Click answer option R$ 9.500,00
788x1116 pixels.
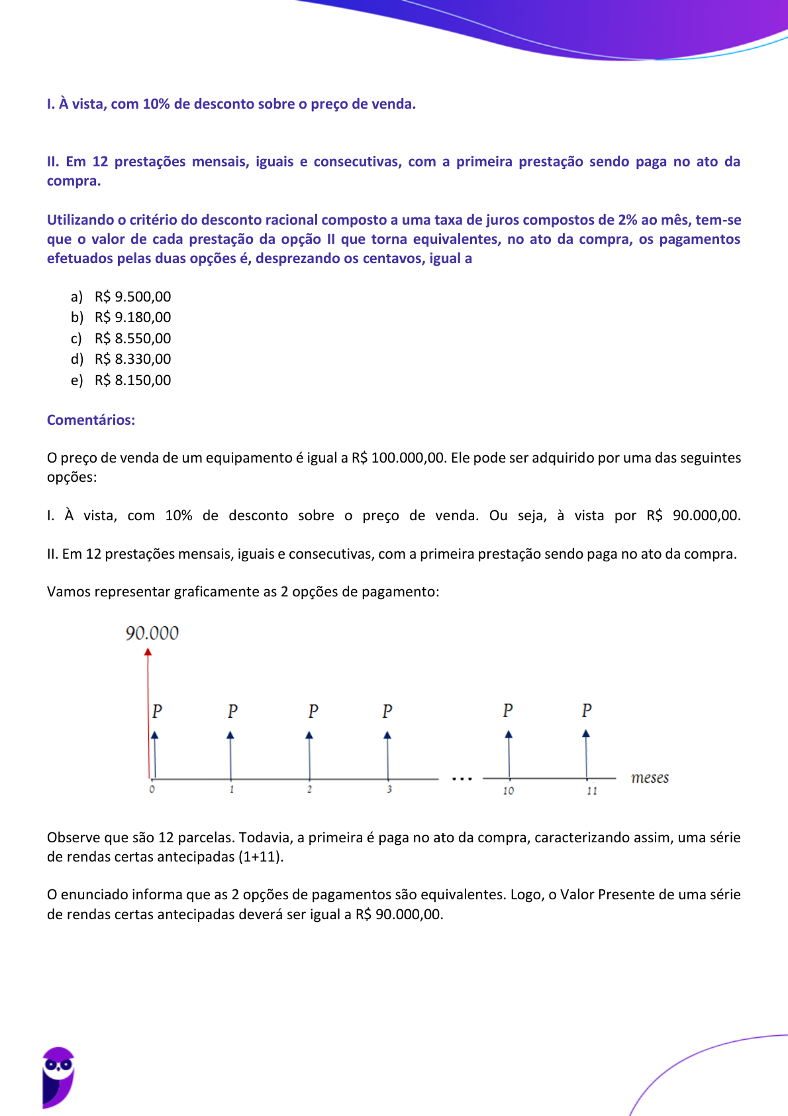[132, 297]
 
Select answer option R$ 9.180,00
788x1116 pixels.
[132, 317]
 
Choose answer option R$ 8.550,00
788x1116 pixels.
[132, 339]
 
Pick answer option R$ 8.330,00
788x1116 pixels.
[132, 359]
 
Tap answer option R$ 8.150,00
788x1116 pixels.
[132, 380]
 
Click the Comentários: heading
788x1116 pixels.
[91, 420]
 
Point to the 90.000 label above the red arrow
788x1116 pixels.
[152, 634]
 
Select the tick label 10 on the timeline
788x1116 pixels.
[508, 791]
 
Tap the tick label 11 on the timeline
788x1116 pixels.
[591, 791]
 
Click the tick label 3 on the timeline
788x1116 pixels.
[389, 789]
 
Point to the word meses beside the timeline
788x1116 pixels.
[650, 778]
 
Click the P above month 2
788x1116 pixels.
[313, 712]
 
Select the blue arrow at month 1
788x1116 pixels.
[230, 755]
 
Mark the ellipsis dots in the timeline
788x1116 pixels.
[462, 779]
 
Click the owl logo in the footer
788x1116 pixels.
[58, 1077]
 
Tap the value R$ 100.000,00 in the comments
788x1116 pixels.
[399, 458]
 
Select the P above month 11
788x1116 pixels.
[587, 710]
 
